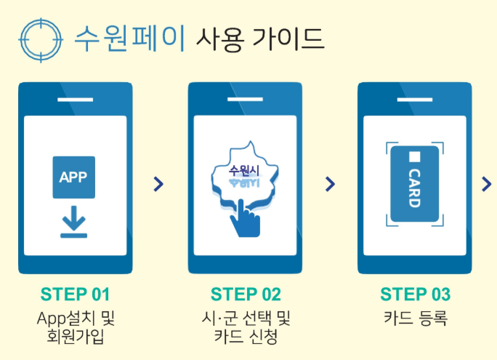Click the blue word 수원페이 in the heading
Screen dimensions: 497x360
point(132,36)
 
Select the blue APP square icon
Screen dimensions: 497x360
point(74,177)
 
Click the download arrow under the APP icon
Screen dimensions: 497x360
point(74,223)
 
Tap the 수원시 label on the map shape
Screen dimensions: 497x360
point(244,170)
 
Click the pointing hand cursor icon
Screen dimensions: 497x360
point(246,219)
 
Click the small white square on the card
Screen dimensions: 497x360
point(414,156)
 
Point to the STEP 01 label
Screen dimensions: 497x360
point(75,295)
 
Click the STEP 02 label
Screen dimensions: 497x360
point(246,295)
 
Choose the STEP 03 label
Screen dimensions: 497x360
point(415,295)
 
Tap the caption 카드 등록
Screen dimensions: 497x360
point(415,318)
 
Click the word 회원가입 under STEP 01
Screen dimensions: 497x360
point(75,337)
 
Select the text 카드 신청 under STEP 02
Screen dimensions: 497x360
point(246,337)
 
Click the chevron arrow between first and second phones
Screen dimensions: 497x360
point(159,184)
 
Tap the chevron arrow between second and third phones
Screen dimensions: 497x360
point(331,184)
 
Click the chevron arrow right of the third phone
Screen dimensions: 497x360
point(487,184)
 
